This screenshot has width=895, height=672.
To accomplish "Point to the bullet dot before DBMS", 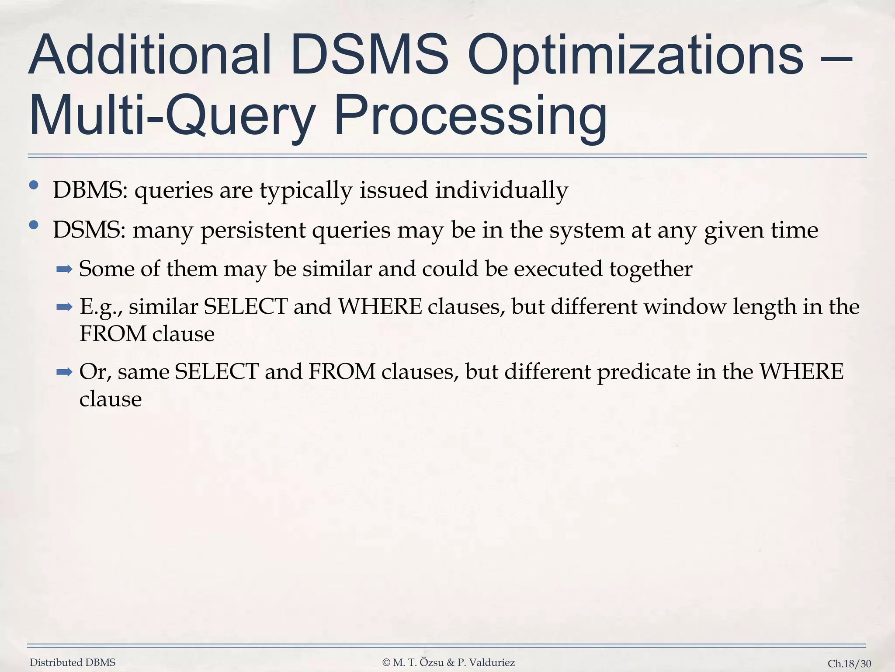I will tap(34, 185).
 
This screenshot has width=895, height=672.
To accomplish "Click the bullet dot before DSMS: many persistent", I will tap(34, 225).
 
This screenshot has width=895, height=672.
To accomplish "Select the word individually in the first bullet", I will tap(501, 190).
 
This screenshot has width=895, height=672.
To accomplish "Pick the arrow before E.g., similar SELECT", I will tap(64, 307).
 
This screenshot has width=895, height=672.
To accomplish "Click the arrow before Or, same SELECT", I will tap(64, 372).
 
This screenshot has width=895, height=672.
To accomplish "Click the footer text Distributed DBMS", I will tap(73, 662).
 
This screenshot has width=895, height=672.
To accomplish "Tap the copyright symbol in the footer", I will tap(386, 662).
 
